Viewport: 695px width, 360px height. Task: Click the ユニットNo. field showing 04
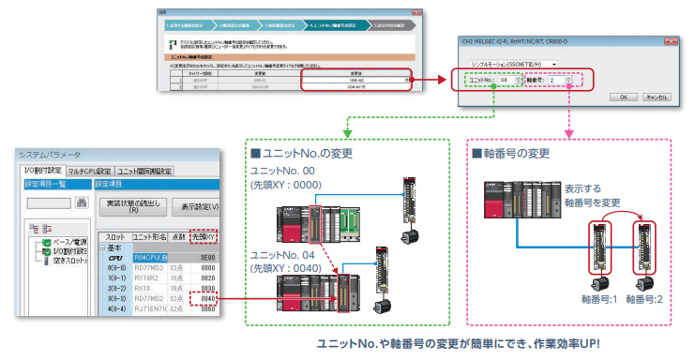tap(504, 81)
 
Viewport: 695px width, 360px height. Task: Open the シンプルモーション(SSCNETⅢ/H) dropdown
tap(513, 63)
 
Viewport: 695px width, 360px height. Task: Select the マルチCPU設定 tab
tap(89, 171)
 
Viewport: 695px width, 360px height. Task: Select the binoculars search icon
tap(82, 202)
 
